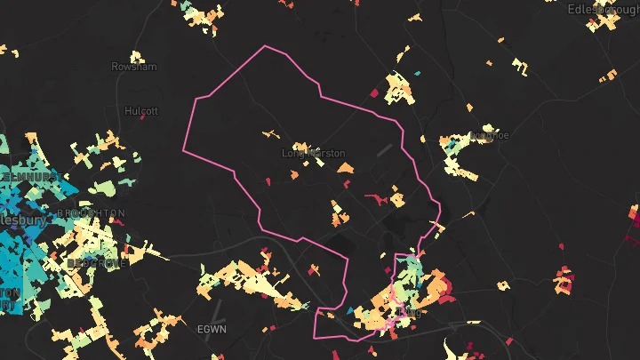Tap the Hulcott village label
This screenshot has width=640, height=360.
(x=141, y=112)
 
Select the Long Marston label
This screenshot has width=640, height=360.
(x=314, y=153)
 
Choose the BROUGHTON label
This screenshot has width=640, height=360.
(x=91, y=213)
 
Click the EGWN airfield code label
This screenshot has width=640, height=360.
(x=212, y=329)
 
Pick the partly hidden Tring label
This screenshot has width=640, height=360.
(x=411, y=313)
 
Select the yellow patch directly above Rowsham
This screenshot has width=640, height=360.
(x=135, y=51)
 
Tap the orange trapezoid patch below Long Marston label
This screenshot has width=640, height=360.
(x=337, y=166)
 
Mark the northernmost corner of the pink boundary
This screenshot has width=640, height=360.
(x=265, y=45)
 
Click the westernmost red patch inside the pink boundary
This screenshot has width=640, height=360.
(x=268, y=181)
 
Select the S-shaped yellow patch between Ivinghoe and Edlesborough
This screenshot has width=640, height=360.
(x=518, y=63)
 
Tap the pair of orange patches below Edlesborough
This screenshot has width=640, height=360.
(x=608, y=76)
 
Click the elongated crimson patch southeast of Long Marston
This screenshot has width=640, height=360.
(x=378, y=196)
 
